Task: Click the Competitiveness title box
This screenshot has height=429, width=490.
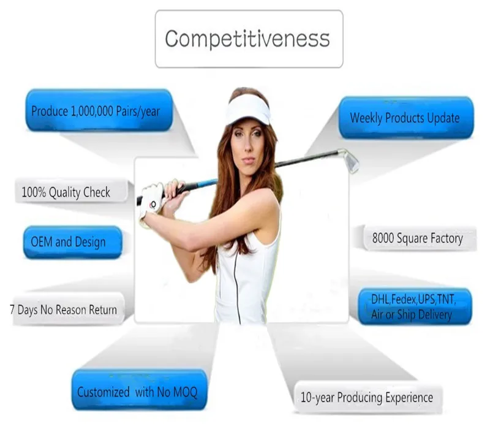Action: point(248,38)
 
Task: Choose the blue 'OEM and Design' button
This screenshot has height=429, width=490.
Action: point(68,241)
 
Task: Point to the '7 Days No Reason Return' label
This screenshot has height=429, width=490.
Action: point(64,309)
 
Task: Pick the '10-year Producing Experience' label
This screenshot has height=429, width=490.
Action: point(366,397)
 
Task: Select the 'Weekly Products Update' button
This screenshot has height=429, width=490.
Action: point(405,117)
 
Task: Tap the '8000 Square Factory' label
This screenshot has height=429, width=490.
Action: point(417,238)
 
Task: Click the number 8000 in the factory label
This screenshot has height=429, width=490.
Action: point(385,238)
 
